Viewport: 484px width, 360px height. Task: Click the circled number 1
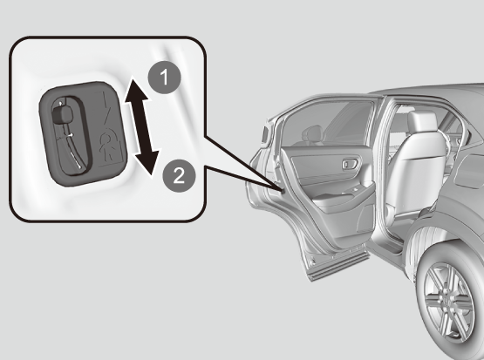[x=164, y=77]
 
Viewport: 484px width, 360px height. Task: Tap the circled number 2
[x=179, y=175]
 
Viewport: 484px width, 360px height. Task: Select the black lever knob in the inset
[x=63, y=115]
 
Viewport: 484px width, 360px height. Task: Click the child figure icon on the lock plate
[x=109, y=145]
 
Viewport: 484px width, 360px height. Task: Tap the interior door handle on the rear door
[x=351, y=164]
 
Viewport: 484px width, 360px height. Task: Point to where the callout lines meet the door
[x=283, y=191]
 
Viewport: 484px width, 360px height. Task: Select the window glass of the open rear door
[x=328, y=124]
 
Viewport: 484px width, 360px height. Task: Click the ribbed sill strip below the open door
[x=339, y=263]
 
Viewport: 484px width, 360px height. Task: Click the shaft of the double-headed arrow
[x=141, y=126]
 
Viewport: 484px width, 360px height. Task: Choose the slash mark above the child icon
[x=106, y=110]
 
